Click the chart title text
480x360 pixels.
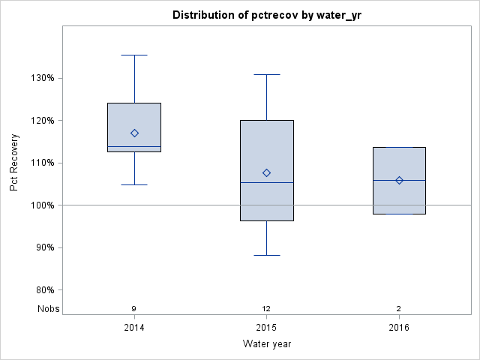click(266, 15)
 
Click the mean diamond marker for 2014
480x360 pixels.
click(134, 133)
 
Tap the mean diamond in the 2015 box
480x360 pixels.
click(266, 172)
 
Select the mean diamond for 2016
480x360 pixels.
click(399, 180)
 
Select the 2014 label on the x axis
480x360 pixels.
click(134, 328)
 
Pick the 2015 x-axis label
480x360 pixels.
click(266, 328)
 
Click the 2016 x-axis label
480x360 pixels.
click(399, 328)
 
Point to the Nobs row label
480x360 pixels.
click(46, 308)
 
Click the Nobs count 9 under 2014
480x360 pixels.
click(134, 308)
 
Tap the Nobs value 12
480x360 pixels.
click(266, 308)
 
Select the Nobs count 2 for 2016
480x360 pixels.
click(399, 308)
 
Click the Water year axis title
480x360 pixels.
click(266, 344)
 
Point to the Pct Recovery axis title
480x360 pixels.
click(14, 163)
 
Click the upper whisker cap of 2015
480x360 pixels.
click(266, 74)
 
